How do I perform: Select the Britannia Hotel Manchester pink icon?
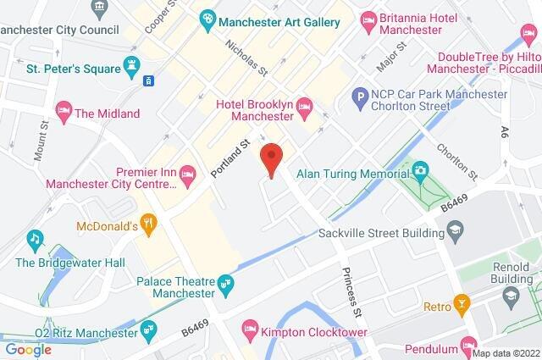(x=368, y=19)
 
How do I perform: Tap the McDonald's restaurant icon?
(x=149, y=224)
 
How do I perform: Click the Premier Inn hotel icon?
(x=188, y=175)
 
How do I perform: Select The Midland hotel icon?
(x=63, y=110)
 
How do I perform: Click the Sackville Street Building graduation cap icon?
(x=455, y=230)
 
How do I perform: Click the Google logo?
(x=28, y=349)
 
